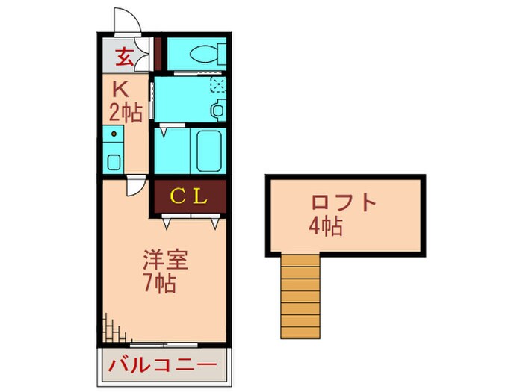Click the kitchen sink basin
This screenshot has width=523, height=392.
(x=114, y=160)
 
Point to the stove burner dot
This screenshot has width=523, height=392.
(x=114, y=135)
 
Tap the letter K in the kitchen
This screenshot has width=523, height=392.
(x=120, y=90)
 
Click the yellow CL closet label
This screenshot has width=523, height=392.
(x=189, y=196)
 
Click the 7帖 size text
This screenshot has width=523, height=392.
(x=159, y=284)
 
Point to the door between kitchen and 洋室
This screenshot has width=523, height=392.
(x=134, y=187)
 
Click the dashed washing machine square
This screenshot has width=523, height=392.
(x=217, y=84)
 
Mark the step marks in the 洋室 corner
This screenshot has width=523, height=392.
(x=110, y=326)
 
